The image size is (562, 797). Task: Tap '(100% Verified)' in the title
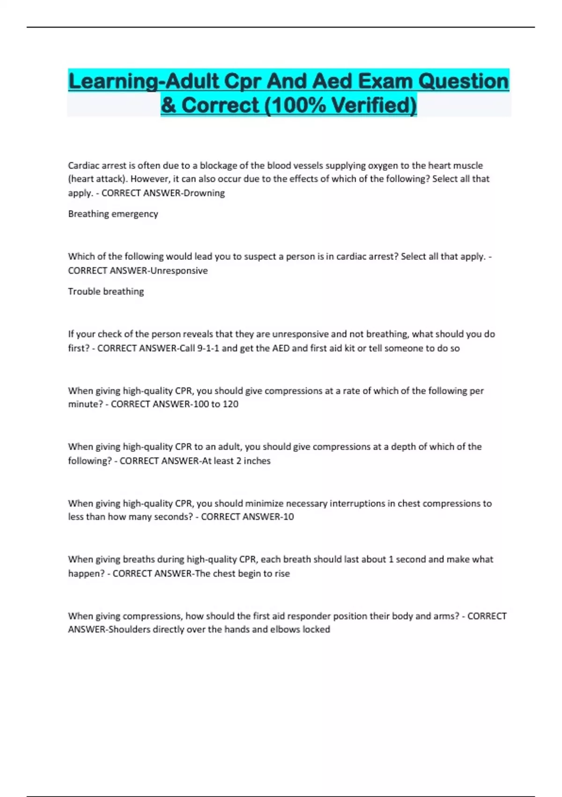340,105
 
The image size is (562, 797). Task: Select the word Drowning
204,193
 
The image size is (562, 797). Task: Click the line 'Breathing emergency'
113,214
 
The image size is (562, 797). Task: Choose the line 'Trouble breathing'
106,292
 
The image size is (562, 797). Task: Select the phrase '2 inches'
253,461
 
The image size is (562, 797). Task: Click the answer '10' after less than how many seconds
288,517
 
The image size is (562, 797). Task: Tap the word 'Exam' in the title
385,81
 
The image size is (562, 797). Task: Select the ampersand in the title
168,105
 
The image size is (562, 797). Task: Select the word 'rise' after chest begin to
281,573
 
